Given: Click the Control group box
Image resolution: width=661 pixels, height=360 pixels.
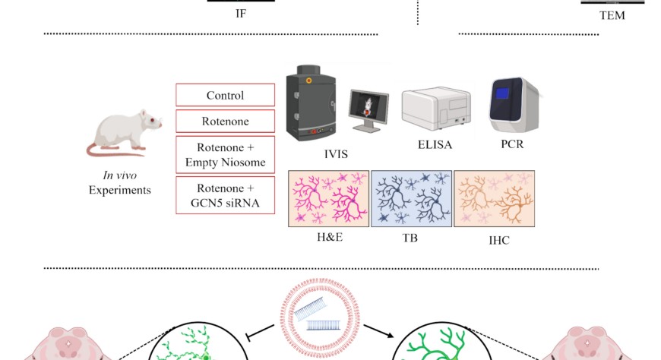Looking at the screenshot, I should [225, 96].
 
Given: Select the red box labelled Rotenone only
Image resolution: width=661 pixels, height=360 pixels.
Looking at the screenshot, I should [225, 121].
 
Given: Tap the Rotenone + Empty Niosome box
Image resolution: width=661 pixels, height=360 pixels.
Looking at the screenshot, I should [225, 155].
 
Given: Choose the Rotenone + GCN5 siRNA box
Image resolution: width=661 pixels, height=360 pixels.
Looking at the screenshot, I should [225, 194].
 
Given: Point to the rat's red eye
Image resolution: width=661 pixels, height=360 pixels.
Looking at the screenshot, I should [153, 122].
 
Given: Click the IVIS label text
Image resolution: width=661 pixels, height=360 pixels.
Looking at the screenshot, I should [335, 153].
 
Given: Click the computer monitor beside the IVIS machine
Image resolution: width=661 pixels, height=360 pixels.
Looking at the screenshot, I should [368, 109].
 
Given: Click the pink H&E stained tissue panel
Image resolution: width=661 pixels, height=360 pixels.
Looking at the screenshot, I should [328, 199].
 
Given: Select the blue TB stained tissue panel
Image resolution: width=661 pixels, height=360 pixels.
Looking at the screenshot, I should [410, 199].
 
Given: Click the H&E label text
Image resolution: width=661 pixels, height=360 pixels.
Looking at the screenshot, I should [330, 238].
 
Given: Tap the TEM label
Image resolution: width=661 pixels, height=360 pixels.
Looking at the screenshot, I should [612, 14].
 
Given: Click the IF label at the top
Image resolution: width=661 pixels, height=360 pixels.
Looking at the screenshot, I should [241, 13].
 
